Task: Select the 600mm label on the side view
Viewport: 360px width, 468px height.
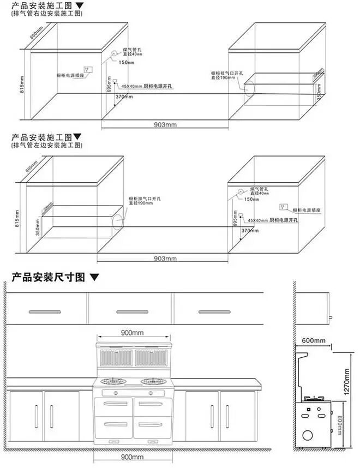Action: pyautogui.click(x=313, y=341)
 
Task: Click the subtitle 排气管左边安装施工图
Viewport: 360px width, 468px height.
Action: pyautogui.click(x=46, y=145)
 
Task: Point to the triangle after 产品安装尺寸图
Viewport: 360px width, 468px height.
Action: pyautogui.click(x=95, y=278)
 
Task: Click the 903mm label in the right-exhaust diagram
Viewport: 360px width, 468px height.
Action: pyautogui.click(x=166, y=125)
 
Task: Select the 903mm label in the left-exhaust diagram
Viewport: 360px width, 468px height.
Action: pyautogui.click(x=166, y=258)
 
